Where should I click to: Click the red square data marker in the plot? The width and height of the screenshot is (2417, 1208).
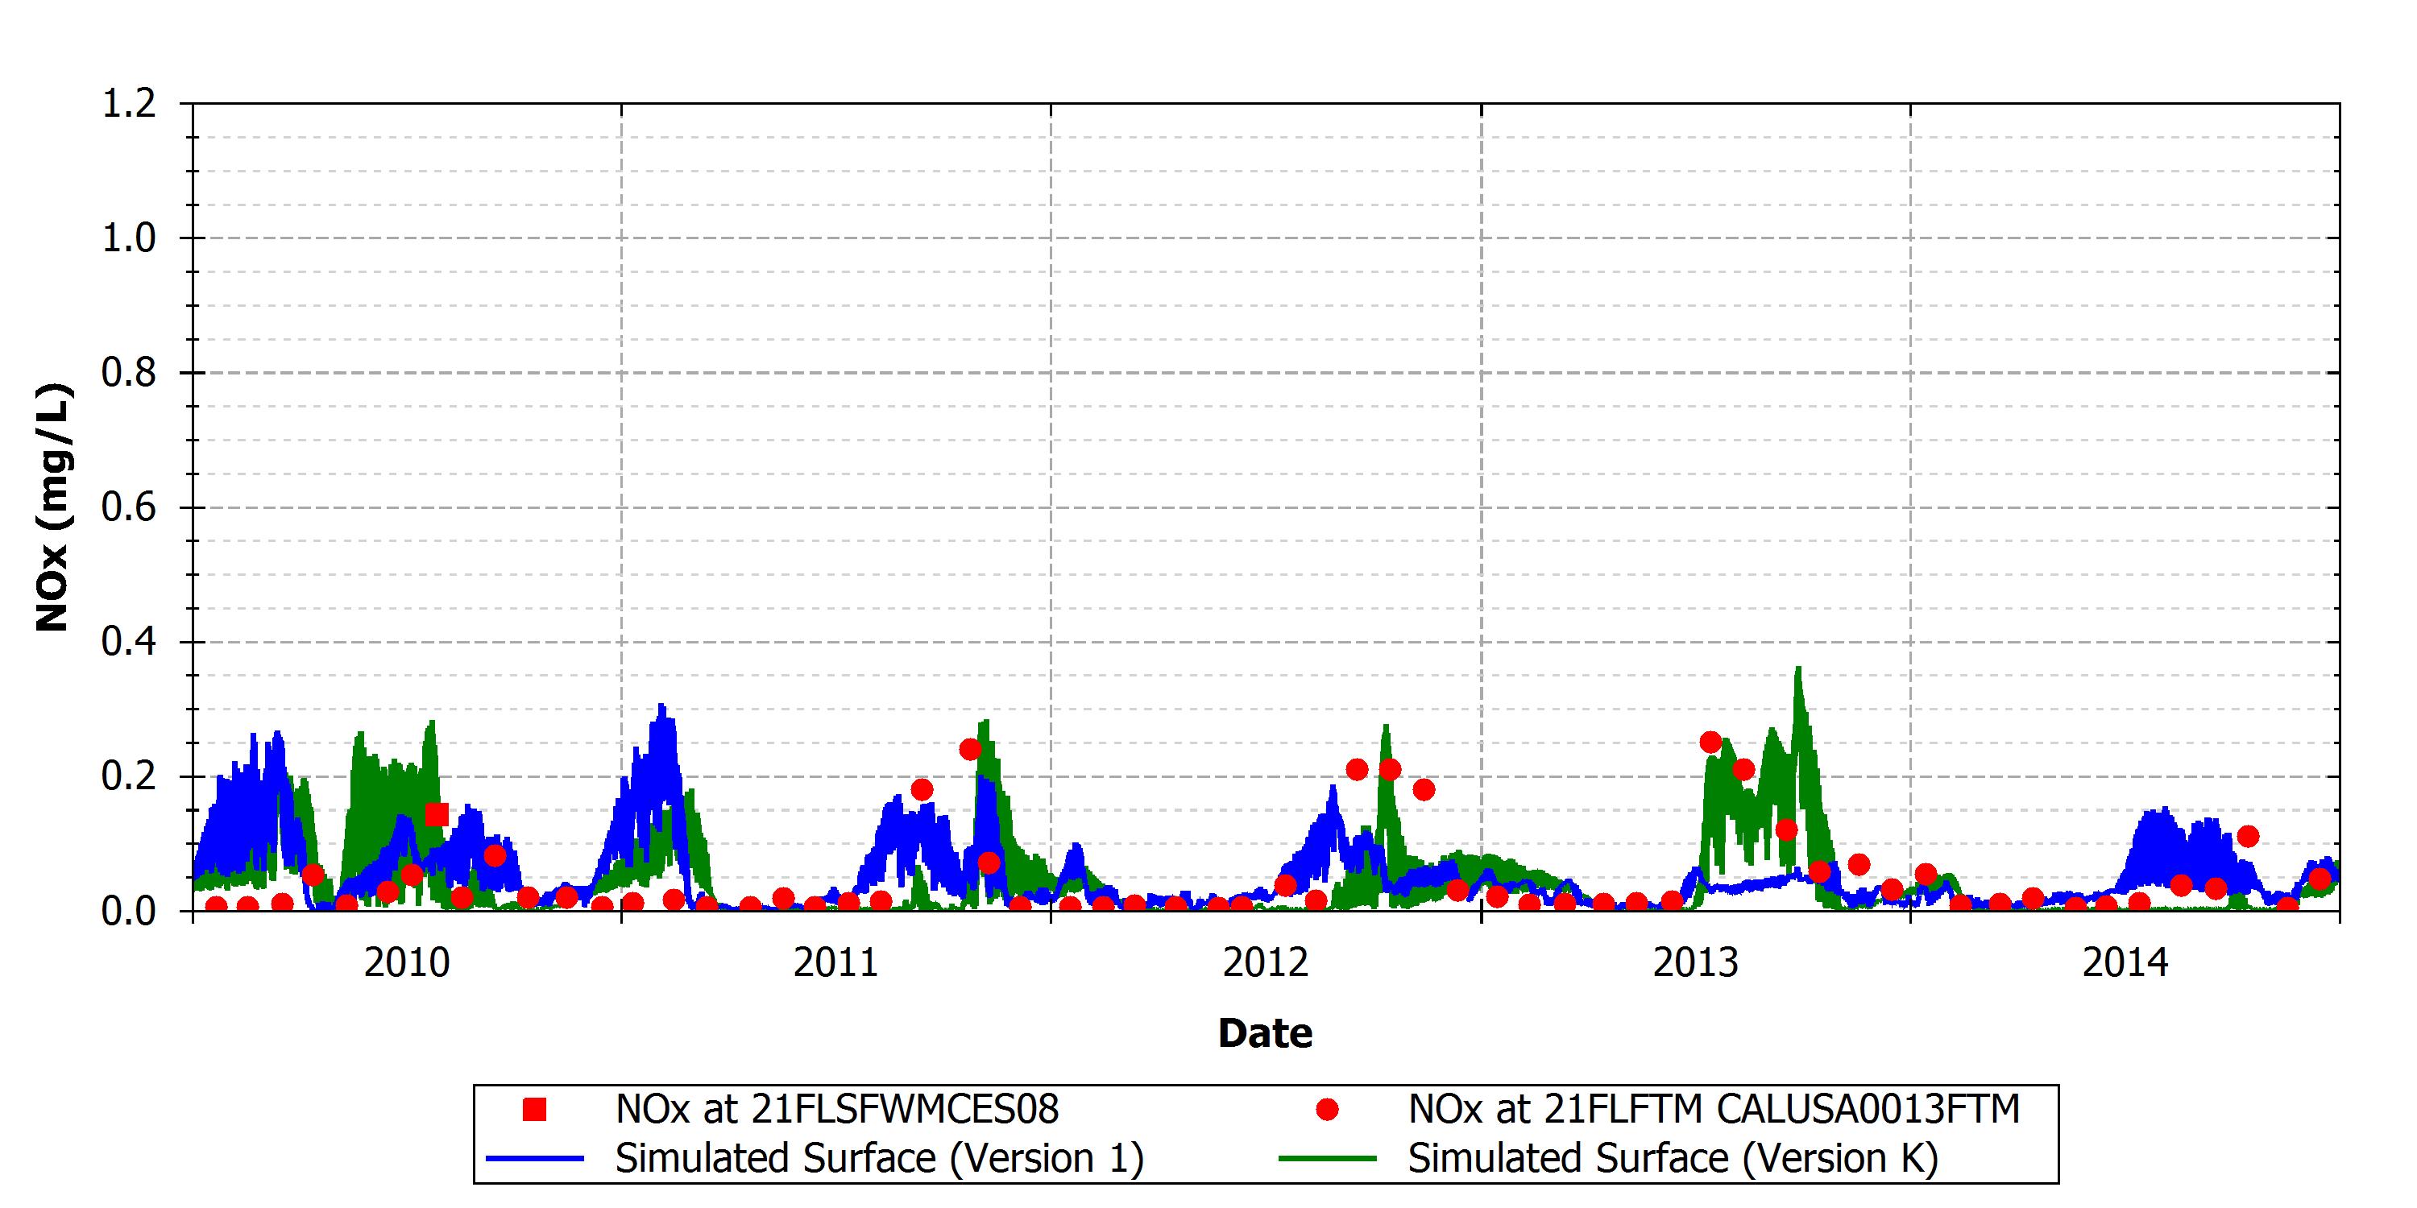[437, 814]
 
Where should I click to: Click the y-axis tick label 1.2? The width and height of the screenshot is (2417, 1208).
[129, 104]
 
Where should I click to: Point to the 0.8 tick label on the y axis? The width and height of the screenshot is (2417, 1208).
[129, 374]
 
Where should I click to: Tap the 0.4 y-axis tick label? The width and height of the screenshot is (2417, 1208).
[129, 643]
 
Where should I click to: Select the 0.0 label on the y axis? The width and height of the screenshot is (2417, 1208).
[129, 911]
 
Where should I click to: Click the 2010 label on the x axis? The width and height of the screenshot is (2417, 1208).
[406, 963]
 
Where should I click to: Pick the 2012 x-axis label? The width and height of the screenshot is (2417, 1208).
[1266, 963]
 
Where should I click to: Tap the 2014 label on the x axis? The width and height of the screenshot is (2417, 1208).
[2125, 963]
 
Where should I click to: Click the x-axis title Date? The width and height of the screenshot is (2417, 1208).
[1265, 1033]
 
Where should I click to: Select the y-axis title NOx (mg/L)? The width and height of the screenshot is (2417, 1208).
[52, 507]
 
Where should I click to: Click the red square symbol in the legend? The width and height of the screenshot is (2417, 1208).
[535, 1110]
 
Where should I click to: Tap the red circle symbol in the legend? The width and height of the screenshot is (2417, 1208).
[1327, 1110]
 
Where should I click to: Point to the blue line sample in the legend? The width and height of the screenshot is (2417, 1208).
[535, 1159]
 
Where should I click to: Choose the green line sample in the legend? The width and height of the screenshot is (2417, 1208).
[1327, 1159]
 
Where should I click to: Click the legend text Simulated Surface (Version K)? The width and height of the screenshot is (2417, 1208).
[1673, 1158]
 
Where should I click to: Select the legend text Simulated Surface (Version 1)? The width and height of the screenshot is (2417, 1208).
[879, 1158]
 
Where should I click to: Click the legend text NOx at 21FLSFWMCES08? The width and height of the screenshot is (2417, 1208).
[837, 1110]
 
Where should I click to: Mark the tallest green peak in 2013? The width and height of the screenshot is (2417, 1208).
[1797, 668]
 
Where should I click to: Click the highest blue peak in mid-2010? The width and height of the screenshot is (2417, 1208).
[661, 705]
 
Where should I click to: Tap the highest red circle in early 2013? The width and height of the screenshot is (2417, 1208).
[1710, 743]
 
